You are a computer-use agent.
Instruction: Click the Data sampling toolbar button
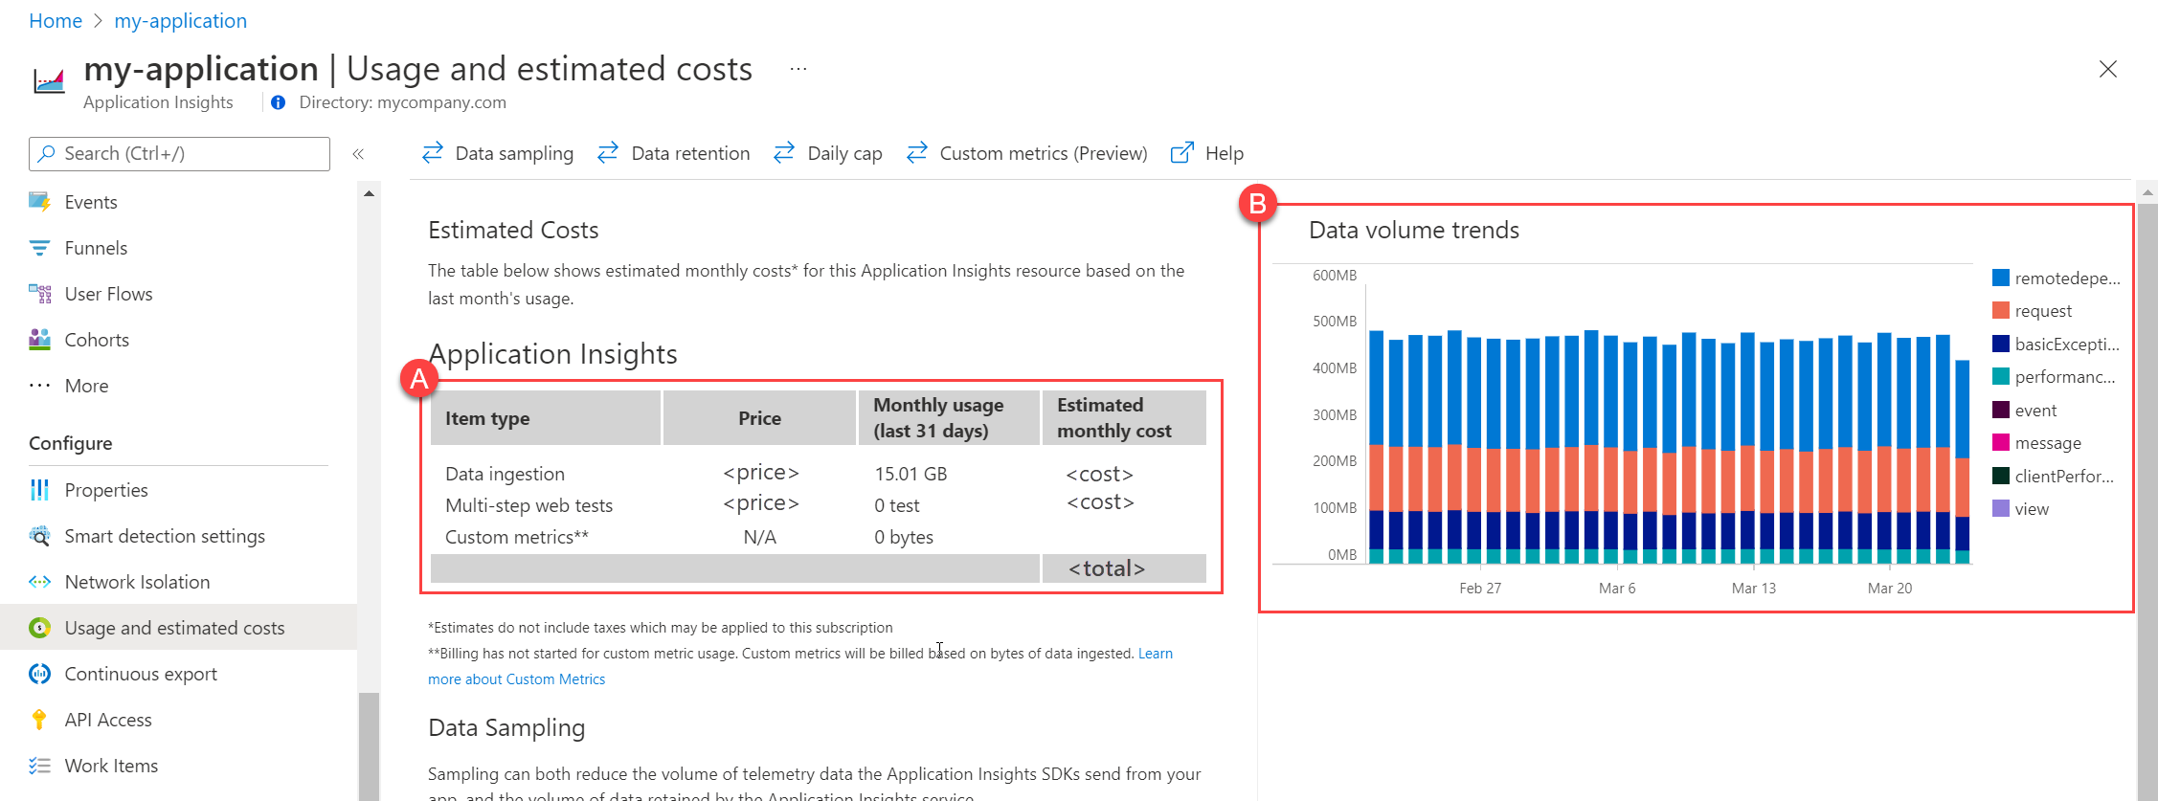499,153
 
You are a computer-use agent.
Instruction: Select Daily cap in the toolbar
829,153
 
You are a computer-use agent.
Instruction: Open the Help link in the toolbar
1208,153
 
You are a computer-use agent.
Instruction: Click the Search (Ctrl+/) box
180,153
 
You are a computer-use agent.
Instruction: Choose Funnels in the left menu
95,248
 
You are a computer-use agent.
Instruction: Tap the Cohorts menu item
96,340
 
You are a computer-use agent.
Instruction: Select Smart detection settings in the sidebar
164,536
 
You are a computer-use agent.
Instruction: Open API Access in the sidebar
107,720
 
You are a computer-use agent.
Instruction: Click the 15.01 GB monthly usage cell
910,474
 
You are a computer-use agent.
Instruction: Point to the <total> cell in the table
1107,568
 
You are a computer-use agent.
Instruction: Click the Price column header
759,418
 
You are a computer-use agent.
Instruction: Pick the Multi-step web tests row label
528,505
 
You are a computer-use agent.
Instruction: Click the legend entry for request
2042,311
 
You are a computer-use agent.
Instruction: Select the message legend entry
2047,443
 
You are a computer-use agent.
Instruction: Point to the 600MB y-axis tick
1335,276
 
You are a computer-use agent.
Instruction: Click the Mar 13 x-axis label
1753,588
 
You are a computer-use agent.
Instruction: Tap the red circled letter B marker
1257,203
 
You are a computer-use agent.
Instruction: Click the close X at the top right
2107,69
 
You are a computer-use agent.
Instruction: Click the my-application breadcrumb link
180,21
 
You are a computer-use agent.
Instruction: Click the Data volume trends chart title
1413,230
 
